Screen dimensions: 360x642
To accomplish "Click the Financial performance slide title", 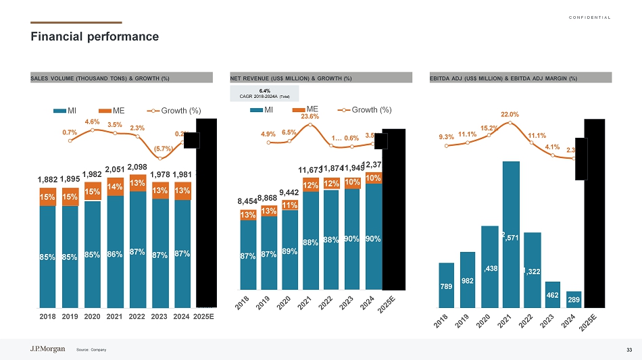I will click(95, 36).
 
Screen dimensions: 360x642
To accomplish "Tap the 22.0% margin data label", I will click(510, 115).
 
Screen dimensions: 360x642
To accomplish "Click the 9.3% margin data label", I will click(446, 136).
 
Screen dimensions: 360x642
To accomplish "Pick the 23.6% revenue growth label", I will click(310, 116).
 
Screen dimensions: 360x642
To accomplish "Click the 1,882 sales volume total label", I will click(47, 180).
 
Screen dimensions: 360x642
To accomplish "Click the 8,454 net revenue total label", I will click(248, 201).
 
